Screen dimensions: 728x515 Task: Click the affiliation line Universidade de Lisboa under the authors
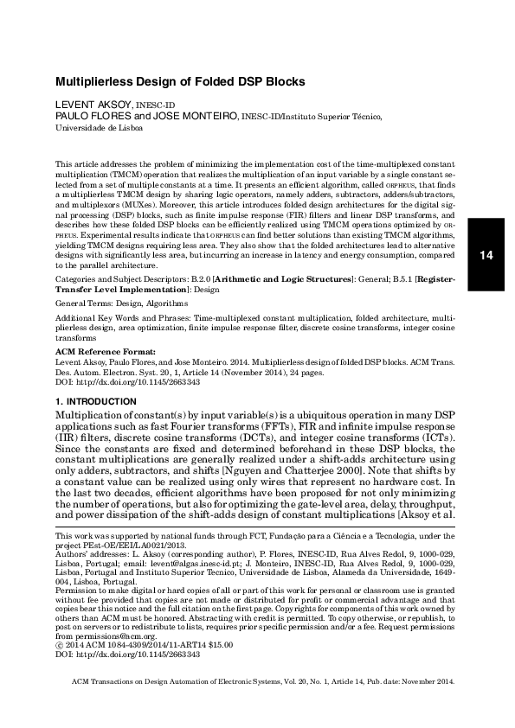tap(100, 126)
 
